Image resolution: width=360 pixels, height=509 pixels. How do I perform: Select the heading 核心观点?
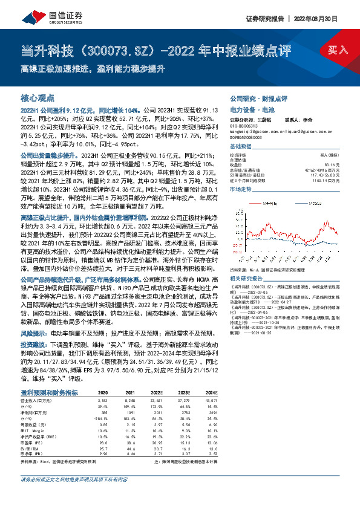pos(38,97)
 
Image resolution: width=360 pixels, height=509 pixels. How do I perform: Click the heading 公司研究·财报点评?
pos(258,98)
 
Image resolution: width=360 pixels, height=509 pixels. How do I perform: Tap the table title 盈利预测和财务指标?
pos(50,392)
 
